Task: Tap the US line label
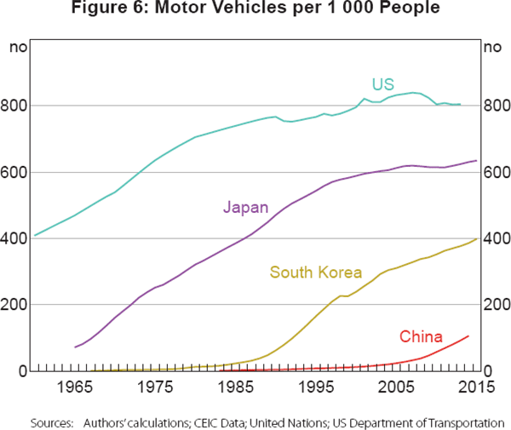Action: pos(382,83)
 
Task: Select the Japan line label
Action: pos(245,207)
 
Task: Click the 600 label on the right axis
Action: pos(495,172)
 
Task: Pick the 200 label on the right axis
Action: pos(495,305)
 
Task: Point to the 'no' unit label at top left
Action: pos(16,47)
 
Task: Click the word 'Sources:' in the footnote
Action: pos(51,421)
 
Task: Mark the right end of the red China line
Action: pos(468,335)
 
